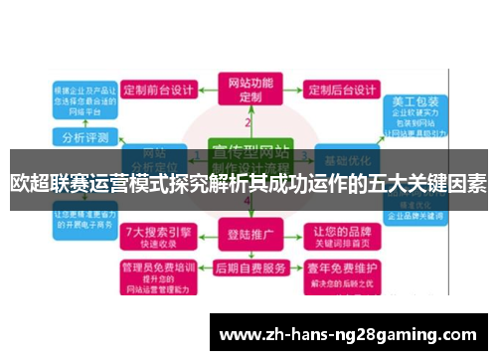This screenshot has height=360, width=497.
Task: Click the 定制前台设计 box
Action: tap(159, 89)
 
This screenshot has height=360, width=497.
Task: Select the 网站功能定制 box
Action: tap(249, 90)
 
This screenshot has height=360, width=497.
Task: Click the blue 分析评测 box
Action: tap(86, 136)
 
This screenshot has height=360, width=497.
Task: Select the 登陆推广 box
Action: tap(248, 237)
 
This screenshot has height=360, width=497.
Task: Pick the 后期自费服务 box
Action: tap(248, 270)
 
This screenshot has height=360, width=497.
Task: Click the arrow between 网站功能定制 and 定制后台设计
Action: tap(294, 89)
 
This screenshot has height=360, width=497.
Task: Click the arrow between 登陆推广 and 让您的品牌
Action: tap(294, 237)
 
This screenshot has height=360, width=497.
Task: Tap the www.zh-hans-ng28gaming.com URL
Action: tap(347, 332)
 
